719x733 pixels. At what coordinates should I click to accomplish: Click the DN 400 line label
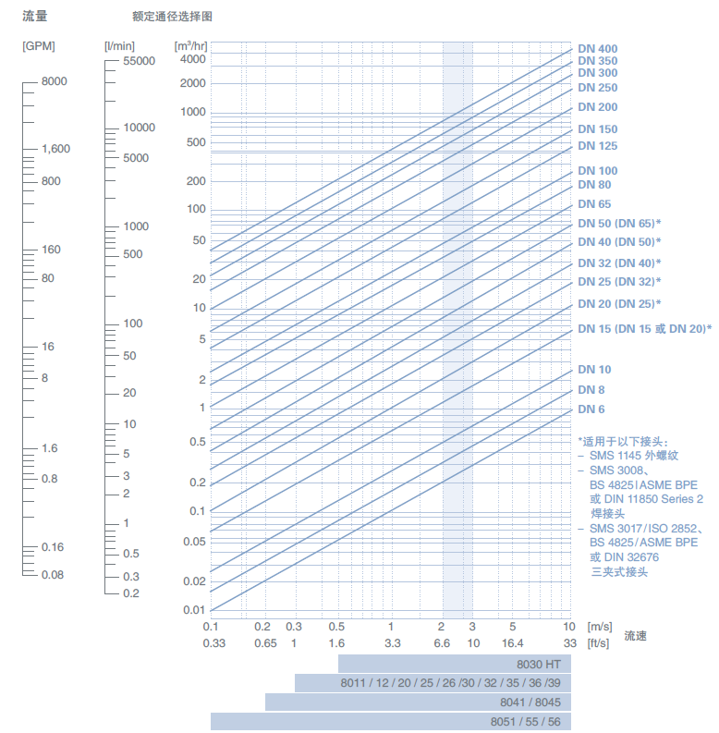pos(597,49)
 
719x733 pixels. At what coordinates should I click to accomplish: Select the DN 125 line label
pos(597,146)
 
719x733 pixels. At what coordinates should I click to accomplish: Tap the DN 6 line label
pos(591,409)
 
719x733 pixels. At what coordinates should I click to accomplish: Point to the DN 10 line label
pos(594,370)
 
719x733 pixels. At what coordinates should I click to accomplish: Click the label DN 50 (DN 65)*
pos(619,224)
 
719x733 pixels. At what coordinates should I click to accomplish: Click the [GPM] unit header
pos(38,44)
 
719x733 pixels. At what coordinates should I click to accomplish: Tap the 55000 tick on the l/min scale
pos(139,61)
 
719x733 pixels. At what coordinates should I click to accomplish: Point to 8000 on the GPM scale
pos(54,81)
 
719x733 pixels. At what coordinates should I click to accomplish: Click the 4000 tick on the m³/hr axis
pos(192,59)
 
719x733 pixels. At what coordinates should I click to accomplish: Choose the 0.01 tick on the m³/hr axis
pos(193,610)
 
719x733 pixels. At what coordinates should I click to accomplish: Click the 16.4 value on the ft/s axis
pos(512,643)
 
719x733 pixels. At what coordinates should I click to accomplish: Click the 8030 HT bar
pos(455,664)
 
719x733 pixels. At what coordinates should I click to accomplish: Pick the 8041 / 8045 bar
pos(418,702)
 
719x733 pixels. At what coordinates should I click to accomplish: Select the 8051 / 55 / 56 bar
pos(390,722)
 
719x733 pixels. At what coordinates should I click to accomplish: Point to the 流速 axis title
pos(636,636)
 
